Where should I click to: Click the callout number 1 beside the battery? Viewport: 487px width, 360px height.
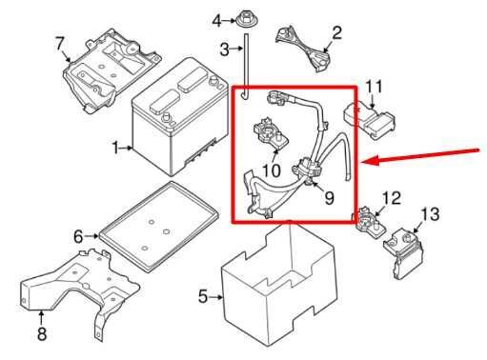tap(116, 149)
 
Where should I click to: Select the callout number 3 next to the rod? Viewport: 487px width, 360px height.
tap(224, 50)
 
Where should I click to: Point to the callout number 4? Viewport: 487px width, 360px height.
tap(217, 21)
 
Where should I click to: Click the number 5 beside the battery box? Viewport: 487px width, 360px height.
tap(203, 296)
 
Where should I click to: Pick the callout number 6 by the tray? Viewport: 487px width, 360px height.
tap(78, 236)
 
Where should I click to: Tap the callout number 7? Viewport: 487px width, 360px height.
tap(60, 44)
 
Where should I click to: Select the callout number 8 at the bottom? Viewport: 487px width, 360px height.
tap(42, 333)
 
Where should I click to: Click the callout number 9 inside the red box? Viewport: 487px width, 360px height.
tap(330, 198)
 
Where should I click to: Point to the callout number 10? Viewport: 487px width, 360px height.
tap(272, 170)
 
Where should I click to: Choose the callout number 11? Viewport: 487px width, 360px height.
tap(375, 87)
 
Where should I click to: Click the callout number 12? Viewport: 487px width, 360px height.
tap(392, 198)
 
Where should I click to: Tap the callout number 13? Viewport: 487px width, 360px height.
tap(431, 214)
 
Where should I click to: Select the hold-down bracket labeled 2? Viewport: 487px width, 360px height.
tap(303, 49)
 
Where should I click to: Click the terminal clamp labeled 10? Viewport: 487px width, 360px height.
tap(271, 133)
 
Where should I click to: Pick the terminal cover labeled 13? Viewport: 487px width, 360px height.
tap(402, 253)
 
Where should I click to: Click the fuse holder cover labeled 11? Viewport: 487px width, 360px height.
tap(370, 119)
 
